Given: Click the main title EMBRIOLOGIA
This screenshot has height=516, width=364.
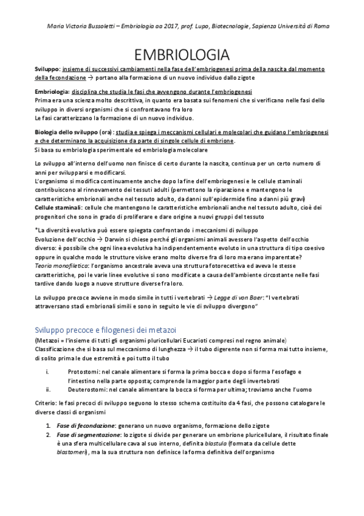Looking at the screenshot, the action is [182, 54].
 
